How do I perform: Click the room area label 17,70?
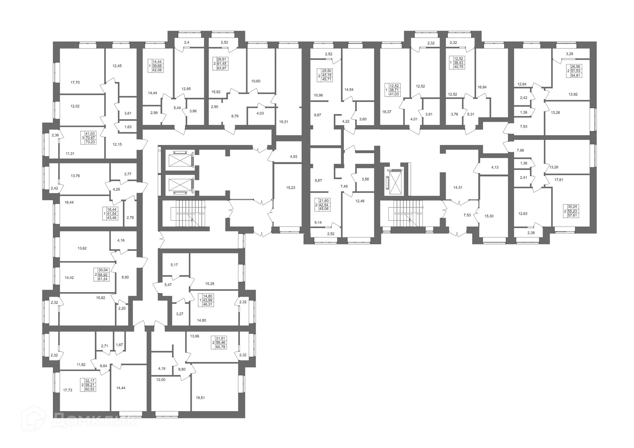coord(75,83)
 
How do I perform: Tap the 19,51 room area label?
coord(200,398)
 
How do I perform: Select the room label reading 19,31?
coord(283,122)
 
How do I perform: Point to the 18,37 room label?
coord(387,112)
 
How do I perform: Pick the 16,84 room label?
coord(482,87)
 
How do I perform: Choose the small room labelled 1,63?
coord(128,127)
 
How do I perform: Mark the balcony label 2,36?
coord(55,135)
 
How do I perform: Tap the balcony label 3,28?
coord(569,54)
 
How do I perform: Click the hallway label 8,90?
coord(125,277)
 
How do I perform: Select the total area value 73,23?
coord(90,142)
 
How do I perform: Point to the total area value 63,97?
coord(222,68)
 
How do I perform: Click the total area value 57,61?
coord(572,215)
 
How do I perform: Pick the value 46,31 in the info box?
coord(208,304)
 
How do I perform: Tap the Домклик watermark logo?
coord(79,422)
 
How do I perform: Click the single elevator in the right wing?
coord(395,183)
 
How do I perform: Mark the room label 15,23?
coord(291,188)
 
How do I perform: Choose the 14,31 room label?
coord(458,188)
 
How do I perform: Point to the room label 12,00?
coord(160,380)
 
